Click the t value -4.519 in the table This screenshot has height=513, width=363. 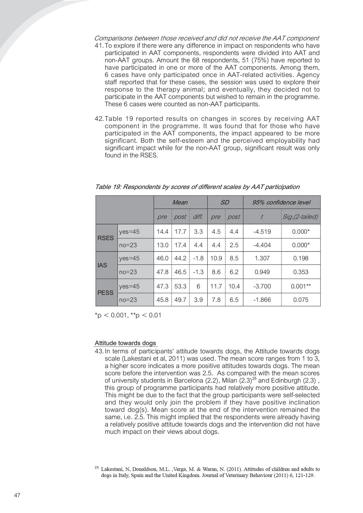click(x=262, y=232)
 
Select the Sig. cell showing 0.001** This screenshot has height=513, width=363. click(x=301, y=286)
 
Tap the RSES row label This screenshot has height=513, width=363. click(x=105, y=238)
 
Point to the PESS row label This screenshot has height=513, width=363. click(x=105, y=293)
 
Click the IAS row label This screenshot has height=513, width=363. click(x=102, y=265)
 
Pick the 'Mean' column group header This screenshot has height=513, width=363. click(x=180, y=202)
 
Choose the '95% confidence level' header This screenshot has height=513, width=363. click(x=281, y=202)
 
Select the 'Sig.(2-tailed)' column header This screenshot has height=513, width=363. click(x=300, y=217)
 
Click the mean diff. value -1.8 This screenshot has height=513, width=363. click(x=198, y=258)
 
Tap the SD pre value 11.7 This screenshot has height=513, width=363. click(x=216, y=286)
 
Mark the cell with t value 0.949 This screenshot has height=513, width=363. click(x=262, y=272)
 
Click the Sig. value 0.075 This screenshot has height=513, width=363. click(x=301, y=300)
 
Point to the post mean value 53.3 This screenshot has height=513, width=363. click(x=180, y=286)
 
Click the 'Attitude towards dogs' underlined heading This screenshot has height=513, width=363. click(x=125, y=343)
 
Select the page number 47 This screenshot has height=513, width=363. click(x=17, y=495)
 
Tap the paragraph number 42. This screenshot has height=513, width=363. click(x=99, y=119)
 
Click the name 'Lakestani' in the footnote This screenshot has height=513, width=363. click(x=111, y=469)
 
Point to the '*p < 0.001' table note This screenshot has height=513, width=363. click(x=111, y=315)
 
